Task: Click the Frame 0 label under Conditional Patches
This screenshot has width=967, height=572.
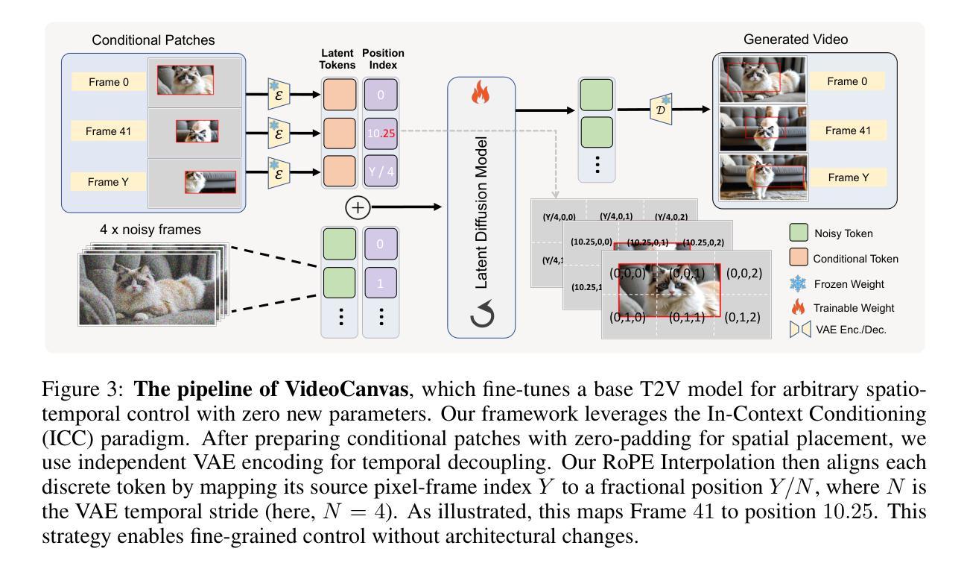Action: click(109, 82)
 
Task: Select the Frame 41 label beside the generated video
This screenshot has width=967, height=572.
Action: click(846, 131)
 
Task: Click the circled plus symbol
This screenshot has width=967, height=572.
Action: click(358, 207)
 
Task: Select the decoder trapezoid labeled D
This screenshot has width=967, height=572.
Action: click(662, 109)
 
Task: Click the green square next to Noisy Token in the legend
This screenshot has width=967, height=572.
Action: click(799, 233)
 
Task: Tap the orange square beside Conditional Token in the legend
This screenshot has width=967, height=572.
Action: click(799, 259)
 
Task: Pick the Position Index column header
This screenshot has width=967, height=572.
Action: click(383, 59)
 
